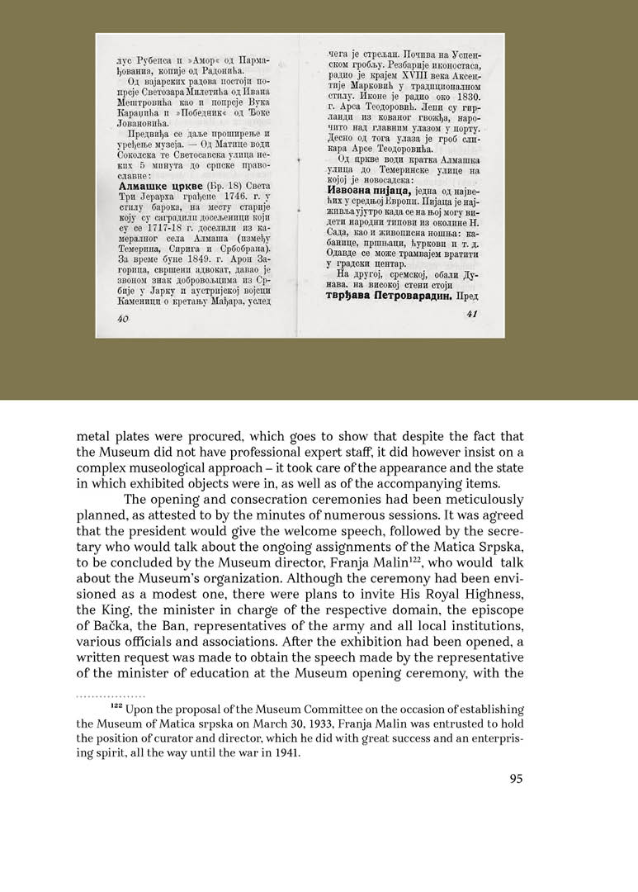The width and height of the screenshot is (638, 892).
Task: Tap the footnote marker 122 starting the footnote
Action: [117, 707]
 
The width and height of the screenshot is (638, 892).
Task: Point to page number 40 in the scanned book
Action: [125, 318]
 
